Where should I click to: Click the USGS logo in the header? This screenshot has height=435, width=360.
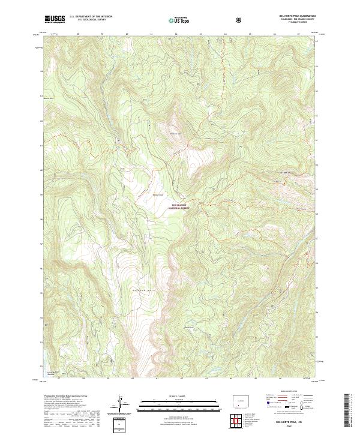coord(55,20)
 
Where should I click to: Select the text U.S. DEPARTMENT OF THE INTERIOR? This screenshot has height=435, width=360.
coord(90,17)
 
